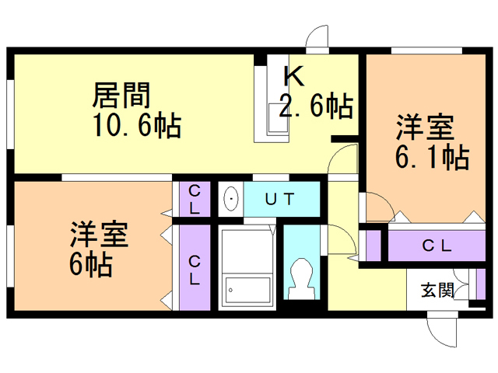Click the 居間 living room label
coord(121,95)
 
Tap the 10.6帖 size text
coord(137,124)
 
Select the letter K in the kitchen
coord(294,76)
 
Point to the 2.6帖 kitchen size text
coord(317,106)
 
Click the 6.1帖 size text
coord(433,157)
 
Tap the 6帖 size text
coord(91,264)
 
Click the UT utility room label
coord(279,199)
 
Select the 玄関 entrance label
coord(437,290)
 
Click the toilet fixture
coord(301,279)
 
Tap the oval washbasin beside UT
coord(231,199)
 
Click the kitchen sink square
coord(279,118)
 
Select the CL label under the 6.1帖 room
coord(437,246)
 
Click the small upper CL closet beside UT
coord(195,199)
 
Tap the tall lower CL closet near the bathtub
coord(195,267)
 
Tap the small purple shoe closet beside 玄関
coord(481,284)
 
